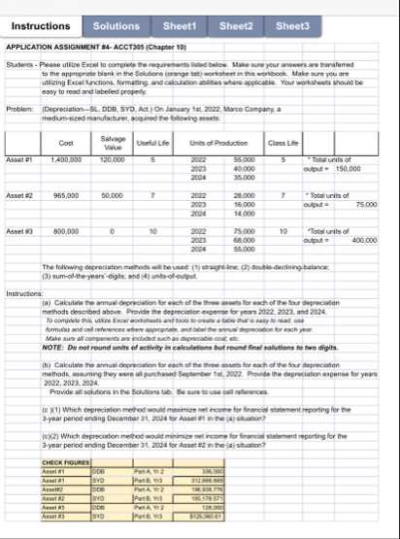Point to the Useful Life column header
(152, 143)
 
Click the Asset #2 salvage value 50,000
(113, 195)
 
